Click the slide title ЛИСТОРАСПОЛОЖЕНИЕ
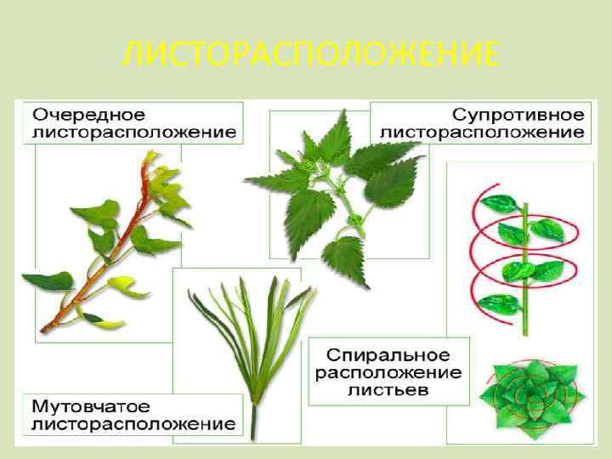tap(309, 56)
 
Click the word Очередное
tap(89, 114)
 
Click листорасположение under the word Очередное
tap(134, 132)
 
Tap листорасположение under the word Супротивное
tap(482, 132)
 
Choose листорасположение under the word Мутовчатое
tap(134, 422)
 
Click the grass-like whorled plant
tap(252, 340)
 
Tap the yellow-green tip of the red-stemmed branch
tap(154, 157)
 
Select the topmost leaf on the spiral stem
tap(509, 203)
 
